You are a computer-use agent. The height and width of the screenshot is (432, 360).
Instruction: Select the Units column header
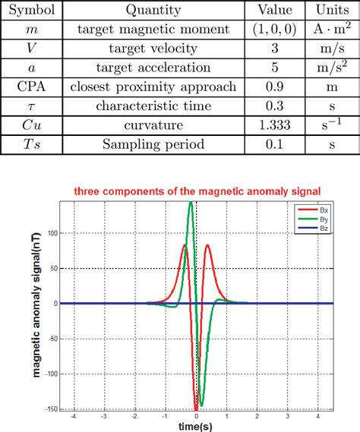click(329, 11)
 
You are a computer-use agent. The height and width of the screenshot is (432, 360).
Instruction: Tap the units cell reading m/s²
click(329, 68)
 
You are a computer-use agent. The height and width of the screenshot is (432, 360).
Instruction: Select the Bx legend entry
click(320, 208)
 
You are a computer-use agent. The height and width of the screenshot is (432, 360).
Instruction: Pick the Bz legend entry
click(320, 226)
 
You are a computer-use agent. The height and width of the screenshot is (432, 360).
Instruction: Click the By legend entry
click(320, 217)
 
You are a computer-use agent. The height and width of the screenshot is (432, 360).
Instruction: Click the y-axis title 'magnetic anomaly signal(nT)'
click(36, 304)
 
